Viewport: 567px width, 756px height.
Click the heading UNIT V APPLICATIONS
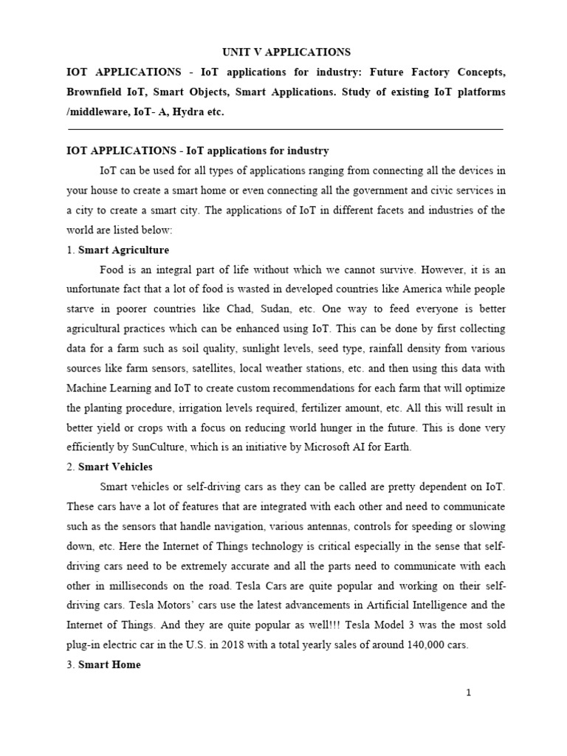[x=286, y=52]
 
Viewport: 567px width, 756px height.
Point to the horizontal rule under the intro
[x=285, y=129]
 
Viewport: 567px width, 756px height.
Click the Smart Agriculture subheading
[x=123, y=250]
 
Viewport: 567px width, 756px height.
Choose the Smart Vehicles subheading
[x=116, y=467]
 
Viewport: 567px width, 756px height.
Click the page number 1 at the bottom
[x=468, y=693]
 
